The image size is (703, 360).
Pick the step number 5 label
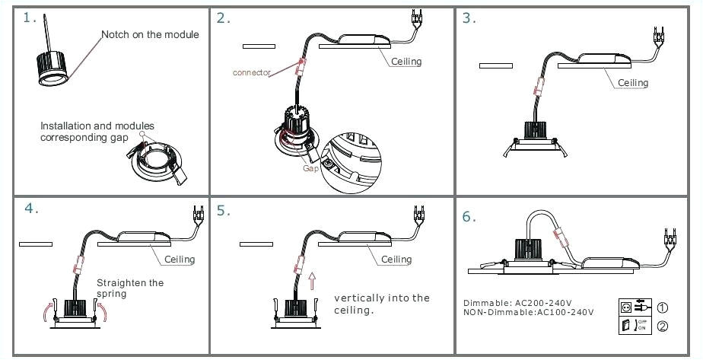pos(223,211)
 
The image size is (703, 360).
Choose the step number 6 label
pos(469,217)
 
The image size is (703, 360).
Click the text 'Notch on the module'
pos(151,34)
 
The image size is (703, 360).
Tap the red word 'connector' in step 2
pos(252,72)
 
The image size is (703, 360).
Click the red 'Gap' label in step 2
pos(311,168)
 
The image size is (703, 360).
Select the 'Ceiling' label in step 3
pos(632,82)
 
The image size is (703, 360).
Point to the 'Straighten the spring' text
pos(129,288)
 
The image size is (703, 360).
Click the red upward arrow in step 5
pos(311,283)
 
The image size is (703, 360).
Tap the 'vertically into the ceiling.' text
pos(381,304)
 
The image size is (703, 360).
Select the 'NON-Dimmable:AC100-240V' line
pos(528,312)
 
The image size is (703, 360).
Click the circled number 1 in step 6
pos(663,308)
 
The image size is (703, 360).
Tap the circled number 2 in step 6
pos(663,328)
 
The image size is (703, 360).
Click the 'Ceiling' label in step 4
pos(180,259)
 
